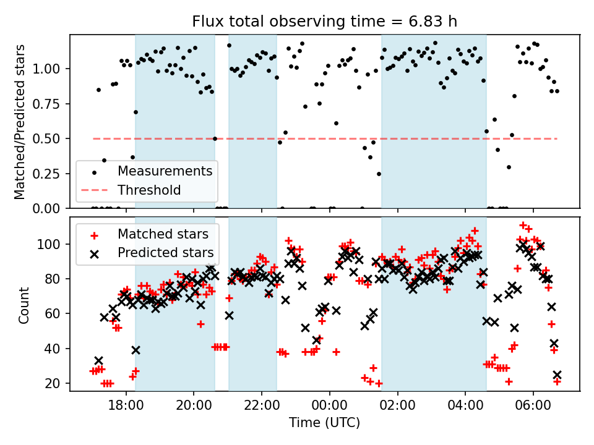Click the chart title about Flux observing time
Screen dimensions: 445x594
pyautogui.click(x=324, y=22)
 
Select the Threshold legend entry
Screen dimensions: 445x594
pyautogui.click(x=149, y=190)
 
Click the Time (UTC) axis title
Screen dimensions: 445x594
pyautogui.click(x=324, y=423)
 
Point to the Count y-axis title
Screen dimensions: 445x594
pyautogui.click(x=24, y=305)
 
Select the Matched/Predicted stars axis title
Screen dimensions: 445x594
pyautogui.click(x=20, y=122)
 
